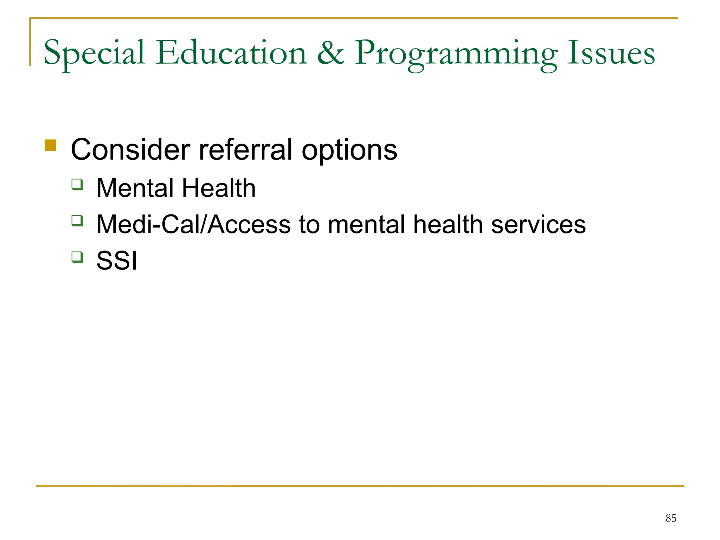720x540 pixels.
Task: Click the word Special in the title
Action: pyautogui.click(x=94, y=53)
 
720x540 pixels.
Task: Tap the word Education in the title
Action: pyautogui.click(x=231, y=53)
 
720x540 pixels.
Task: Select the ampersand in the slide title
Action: pyautogui.click(x=330, y=53)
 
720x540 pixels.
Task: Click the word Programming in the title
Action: pyautogui.click(x=456, y=54)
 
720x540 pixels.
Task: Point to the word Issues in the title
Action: pyautogui.click(x=611, y=53)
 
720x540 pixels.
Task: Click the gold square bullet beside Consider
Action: pyautogui.click(x=51, y=145)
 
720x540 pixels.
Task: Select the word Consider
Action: pyautogui.click(x=130, y=150)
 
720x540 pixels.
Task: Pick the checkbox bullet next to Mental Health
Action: pyautogui.click(x=77, y=184)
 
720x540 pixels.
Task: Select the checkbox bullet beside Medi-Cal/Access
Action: pyautogui.click(x=77, y=221)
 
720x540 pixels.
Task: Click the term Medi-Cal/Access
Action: pyautogui.click(x=193, y=224)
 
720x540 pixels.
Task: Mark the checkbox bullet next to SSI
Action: pyautogui.click(x=77, y=257)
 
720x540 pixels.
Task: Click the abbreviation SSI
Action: pyautogui.click(x=117, y=261)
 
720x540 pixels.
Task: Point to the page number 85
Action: pyautogui.click(x=671, y=518)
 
